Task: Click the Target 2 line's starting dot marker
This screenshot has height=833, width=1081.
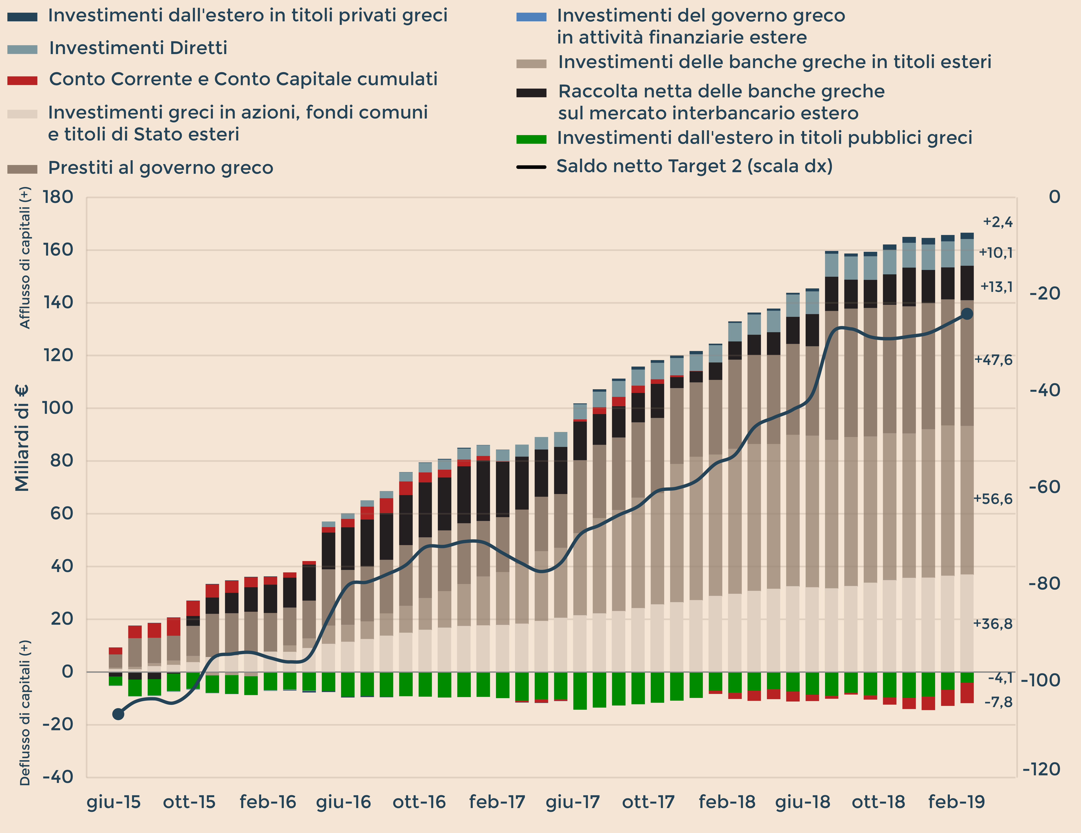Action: click(x=118, y=714)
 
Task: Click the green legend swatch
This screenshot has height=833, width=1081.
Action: click(x=531, y=139)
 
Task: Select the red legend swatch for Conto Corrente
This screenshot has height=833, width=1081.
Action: click(x=22, y=80)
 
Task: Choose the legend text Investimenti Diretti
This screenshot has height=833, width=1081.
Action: click(x=138, y=48)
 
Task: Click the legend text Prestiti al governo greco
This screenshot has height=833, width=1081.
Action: click(x=160, y=168)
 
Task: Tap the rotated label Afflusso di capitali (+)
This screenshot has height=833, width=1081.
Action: click(x=25, y=257)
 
